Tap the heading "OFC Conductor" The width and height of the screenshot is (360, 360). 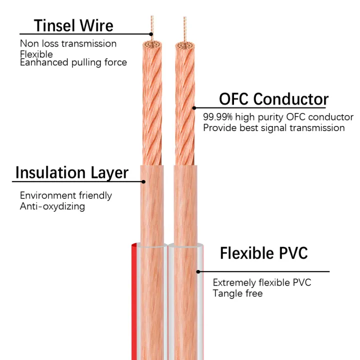(273, 99)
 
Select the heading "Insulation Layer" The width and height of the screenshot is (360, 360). (71, 173)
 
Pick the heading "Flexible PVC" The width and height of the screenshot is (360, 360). (263, 253)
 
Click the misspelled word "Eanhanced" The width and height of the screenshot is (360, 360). (42, 62)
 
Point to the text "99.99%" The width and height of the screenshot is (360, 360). (218, 117)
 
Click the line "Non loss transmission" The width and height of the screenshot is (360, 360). (68, 43)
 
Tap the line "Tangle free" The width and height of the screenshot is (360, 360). (237, 293)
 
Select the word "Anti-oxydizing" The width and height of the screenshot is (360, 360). (52, 206)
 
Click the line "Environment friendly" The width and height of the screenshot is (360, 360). (66, 195)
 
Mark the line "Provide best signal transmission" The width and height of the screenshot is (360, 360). (273, 127)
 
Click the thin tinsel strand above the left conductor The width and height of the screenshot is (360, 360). (152, 25)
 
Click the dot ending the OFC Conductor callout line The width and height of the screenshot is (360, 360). (194, 107)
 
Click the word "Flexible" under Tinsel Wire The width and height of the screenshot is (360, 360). (36, 53)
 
